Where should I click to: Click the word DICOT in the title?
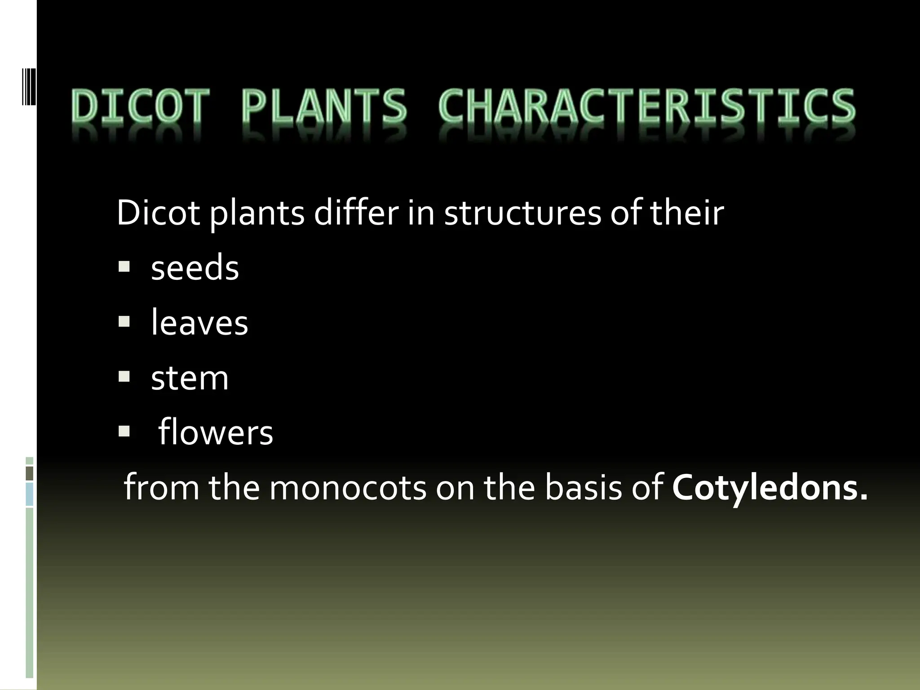coord(140,106)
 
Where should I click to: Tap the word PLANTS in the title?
coord(323,106)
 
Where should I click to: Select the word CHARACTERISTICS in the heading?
coord(647,106)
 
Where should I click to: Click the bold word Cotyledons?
coord(770,487)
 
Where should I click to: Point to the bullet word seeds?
coord(195,268)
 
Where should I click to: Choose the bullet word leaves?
coord(199,323)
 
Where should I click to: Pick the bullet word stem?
coord(190,378)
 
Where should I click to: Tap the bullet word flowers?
coord(216,433)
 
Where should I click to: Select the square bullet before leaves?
coord(124,322)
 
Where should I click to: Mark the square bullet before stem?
coord(124,376)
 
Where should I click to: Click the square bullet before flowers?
coord(124,432)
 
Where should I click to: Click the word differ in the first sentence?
coord(356,212)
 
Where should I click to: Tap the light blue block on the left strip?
coord(30,494)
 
